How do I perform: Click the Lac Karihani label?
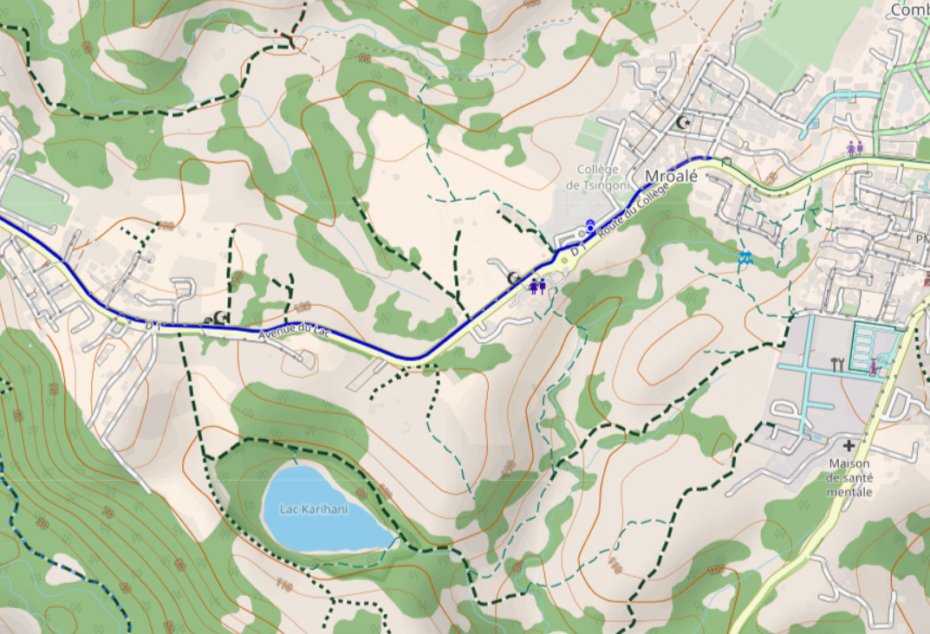[x=314, y=509]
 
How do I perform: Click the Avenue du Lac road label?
[x=295, y=331]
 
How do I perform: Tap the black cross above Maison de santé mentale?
[x=849, y=445]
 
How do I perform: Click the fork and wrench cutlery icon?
[x=837, y=364]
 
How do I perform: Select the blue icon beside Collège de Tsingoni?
[x=590, y=226]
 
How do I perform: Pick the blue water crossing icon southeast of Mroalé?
[x=745, y=256]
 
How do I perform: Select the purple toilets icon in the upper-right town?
[x=855, y=147]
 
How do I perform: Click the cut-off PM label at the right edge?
[x=921, y=237]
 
